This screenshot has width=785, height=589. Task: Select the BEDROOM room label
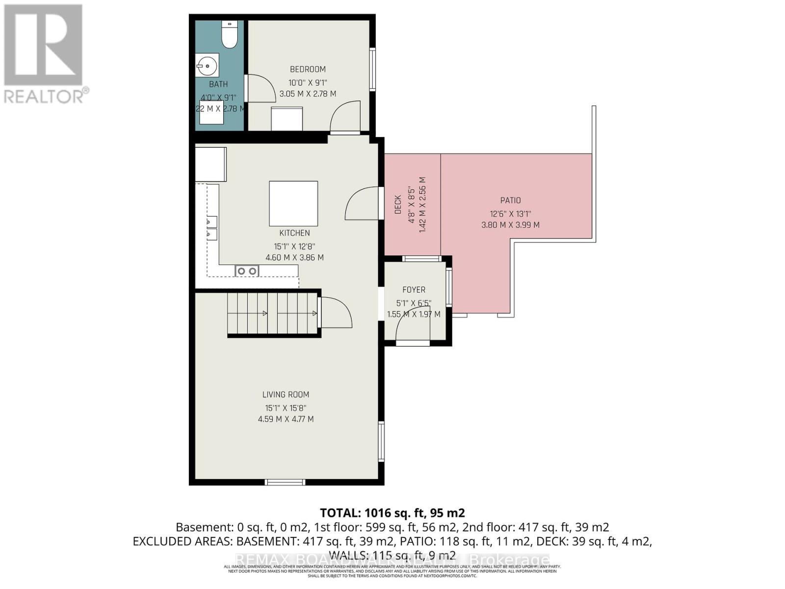[308, 69]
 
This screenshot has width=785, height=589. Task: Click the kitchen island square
[293, 203]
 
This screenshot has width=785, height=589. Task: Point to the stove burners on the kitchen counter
[246, 271]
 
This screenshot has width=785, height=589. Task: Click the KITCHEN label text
[294, 233]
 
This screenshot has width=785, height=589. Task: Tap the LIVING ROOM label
[286, 395]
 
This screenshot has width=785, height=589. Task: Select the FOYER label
[414, 290]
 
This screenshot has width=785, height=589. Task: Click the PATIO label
[510, 200]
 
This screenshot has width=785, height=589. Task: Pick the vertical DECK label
[398, 205]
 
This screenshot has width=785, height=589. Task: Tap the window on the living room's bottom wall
[285, 482]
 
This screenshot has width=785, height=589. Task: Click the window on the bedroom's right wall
[373, 69]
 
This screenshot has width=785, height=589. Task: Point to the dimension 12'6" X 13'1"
[510, 214]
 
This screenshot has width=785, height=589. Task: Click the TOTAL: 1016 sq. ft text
[392, 513]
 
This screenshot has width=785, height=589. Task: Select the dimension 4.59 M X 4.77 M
[286, 419]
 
